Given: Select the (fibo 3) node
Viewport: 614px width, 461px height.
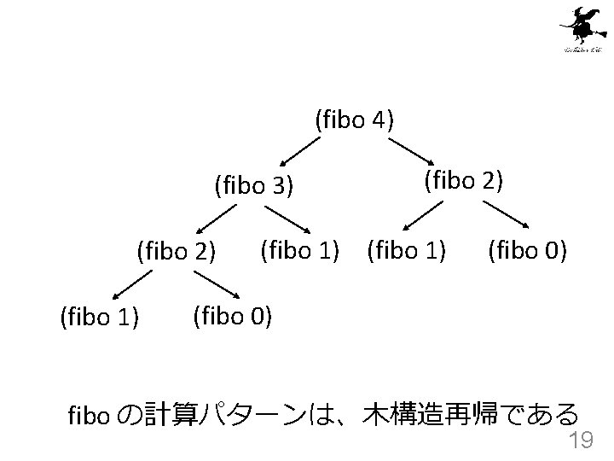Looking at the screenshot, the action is [254, 184].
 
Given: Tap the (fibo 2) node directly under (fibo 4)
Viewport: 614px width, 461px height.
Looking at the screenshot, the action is [463, 180].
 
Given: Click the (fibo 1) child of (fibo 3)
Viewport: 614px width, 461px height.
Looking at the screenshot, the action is [300, 250].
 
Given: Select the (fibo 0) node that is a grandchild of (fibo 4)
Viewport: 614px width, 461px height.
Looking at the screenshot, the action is [527, 250].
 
